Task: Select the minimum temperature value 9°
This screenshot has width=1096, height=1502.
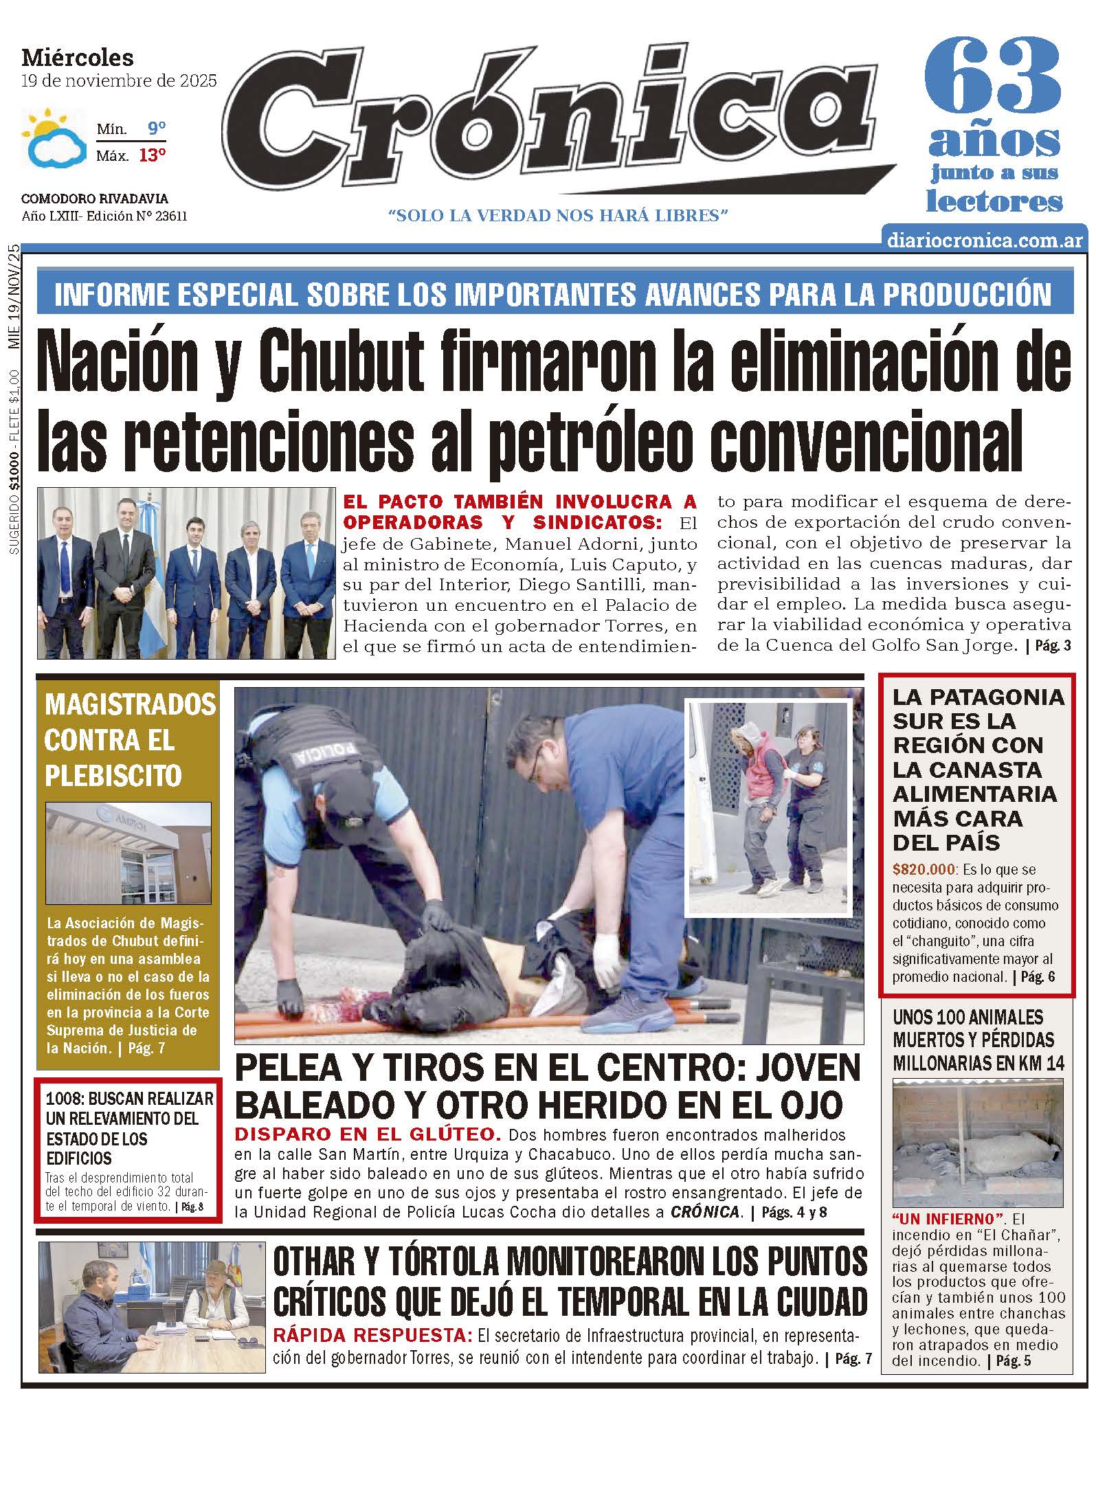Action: point(157,128)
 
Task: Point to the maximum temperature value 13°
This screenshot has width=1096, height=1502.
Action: point(153,155)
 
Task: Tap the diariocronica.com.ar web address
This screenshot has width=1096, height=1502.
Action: point(985,240)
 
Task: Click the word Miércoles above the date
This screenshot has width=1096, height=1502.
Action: point(78,57)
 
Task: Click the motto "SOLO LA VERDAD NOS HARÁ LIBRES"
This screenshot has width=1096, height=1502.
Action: point(558,216)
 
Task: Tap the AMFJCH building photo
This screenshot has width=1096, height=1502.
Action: point(128,852)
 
